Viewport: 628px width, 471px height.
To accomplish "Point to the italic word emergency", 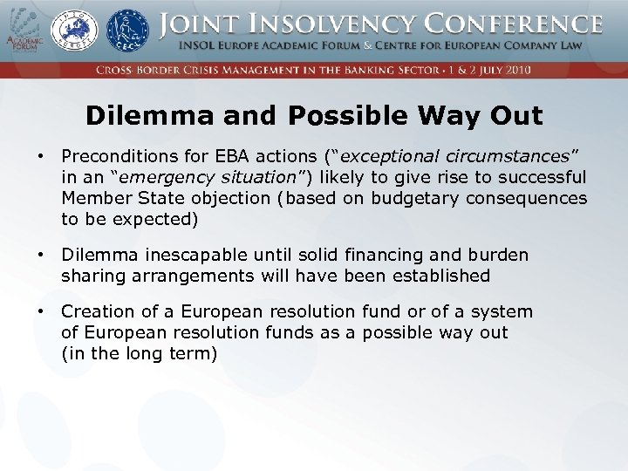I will point(154,177).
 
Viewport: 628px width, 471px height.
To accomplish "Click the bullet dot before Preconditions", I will point(40,156).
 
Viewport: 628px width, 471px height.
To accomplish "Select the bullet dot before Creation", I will point(40,311).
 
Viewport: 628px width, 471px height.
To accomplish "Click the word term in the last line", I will point(195,353).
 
